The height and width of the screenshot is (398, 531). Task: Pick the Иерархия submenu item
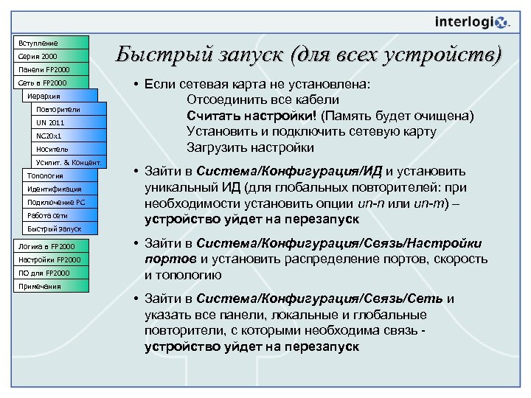tap(59, 97)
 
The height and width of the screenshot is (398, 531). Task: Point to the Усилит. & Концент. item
tap(68, 163)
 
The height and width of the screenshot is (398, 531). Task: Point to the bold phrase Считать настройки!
tap(251, 116)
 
